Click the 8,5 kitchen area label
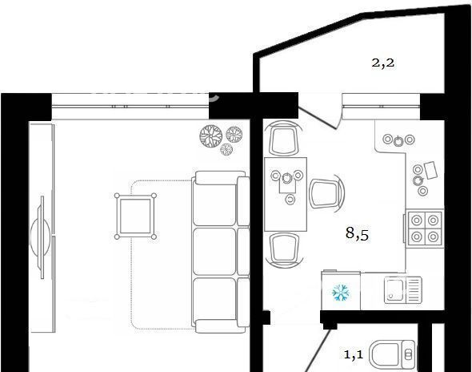(x=358, y=233)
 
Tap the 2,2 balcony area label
(x=383, y=63)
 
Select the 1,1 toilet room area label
(x=354, y=354)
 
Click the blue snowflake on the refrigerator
(x=341, y=293)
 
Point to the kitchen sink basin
(x=395, y=290)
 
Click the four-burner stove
(x=425, y=228)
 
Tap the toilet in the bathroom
(x=393, y=354)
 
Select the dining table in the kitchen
(x=286, y=194)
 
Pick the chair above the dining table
(x=283, y=139)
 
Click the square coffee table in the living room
(x=135, y=216)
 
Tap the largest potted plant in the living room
(x=211, y=136)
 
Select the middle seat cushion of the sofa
(x=214, y=251)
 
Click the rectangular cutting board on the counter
(x=430, y=170)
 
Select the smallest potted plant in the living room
(x=226, y=149)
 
